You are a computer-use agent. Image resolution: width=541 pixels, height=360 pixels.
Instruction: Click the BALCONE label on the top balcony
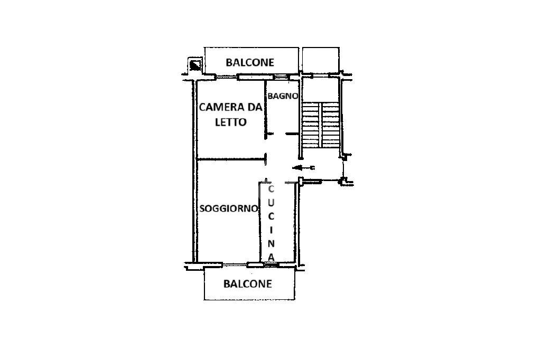[250, 62]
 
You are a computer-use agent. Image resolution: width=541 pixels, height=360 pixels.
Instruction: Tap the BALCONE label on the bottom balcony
[248, 284]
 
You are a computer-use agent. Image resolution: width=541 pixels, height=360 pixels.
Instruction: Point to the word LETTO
[230, 122]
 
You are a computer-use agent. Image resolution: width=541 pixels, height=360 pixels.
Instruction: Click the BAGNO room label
[283, 96]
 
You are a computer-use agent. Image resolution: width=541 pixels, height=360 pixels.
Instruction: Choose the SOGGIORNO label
[229, 209]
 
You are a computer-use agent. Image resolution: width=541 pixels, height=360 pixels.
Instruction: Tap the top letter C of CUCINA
[271, 189]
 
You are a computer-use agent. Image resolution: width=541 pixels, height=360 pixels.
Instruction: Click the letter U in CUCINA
[271, 202]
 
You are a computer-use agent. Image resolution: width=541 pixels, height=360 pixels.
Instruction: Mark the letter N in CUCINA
[271, 243]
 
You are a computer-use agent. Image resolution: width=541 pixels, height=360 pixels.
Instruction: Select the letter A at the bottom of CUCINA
[271, 257]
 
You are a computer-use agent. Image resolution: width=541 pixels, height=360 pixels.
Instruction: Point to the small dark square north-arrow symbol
[195, 65]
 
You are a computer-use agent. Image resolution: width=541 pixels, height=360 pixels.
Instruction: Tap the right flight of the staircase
[330, 125]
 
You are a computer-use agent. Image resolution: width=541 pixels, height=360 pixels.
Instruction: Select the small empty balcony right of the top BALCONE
[321, 60]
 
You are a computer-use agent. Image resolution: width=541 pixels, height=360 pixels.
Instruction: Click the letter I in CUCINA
[271, 230]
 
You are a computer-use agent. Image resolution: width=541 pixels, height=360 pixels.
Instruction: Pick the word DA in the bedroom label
[255, 108]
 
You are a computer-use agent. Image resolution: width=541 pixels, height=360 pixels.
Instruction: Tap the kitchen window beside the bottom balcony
[271, 263]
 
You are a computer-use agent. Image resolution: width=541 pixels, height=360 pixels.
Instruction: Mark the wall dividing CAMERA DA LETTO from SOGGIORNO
[230, 159]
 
